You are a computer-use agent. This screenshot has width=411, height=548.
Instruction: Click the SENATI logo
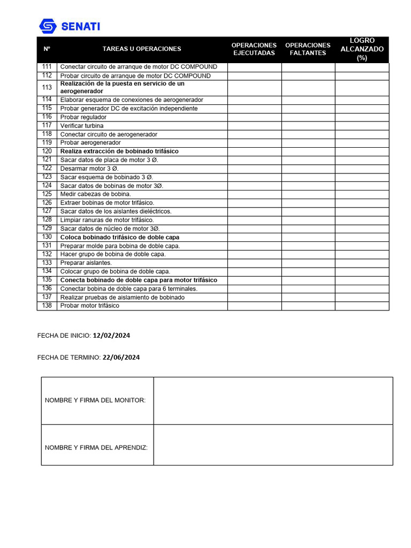pyautogui.click(x=70, y=26)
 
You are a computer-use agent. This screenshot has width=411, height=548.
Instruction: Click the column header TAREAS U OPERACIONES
pyautogui.click(x=142, y=49)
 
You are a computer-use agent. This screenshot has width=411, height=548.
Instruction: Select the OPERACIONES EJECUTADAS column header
pyautogui.click(x=254, y=49)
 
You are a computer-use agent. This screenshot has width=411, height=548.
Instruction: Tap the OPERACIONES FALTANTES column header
pyautogui.click(x=308, y=49)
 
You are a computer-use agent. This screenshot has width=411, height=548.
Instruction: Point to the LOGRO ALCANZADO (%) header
pyautogui.click(x=362, y=49)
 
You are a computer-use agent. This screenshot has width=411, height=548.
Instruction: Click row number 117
pyautogui.click(x=47, y=125)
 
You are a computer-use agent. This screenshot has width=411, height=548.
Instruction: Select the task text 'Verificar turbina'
pyautogui.click(x=82, y=126)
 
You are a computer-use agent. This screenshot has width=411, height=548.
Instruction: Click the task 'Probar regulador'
pyautogui.click(x=83, y=117)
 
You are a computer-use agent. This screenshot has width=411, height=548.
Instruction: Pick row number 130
pyautogui.click(x=47, y=237)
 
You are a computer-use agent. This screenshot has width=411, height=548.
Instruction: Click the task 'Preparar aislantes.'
pyautogui.click(x=86, y=263)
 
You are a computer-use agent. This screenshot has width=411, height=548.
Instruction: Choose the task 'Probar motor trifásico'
pyautogui.click(x=89, y=306)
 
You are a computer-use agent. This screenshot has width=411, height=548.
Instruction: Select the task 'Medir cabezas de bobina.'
pyautogui.click(x=95, y=194)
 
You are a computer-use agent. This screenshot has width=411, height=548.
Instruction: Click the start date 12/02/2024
pyautogui.click(x=111, y=336)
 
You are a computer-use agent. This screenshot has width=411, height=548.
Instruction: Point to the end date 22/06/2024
pyautogui.click(x=121, y=357)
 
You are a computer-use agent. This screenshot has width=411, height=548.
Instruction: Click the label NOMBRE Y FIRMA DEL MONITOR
pyautogui.click(x=95, y=400)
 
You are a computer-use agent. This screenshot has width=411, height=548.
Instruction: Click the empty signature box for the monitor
pyautogui.click(x=273, y=400)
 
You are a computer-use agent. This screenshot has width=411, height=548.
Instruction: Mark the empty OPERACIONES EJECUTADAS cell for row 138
pyautogui.click(x=254, y=306)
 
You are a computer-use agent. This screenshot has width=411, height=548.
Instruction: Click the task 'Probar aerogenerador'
pyautogui.click(x=90, y=143)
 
